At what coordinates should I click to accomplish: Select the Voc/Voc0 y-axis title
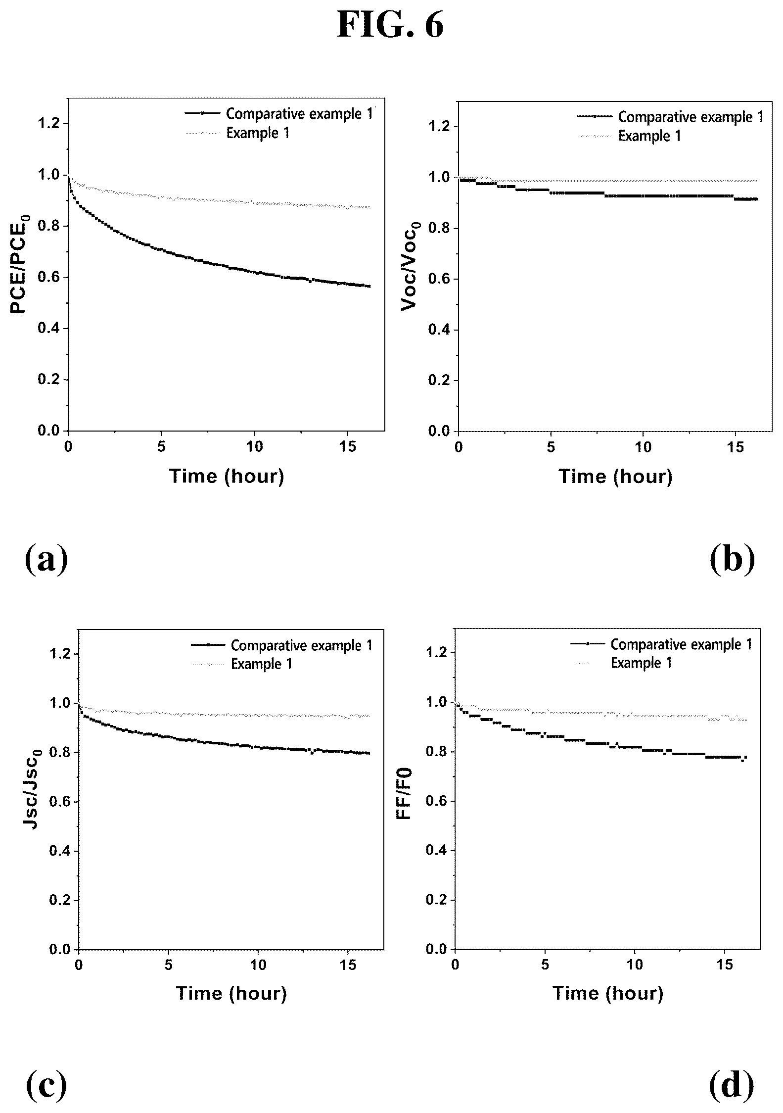coord(412,267)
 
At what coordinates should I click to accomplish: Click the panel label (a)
coord(46,559)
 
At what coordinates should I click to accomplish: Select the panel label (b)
coord(733,559)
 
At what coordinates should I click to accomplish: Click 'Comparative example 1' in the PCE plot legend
coord(300,114)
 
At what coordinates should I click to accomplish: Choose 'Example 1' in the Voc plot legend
coord(650,136)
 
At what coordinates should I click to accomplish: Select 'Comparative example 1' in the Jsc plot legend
coord(302,645)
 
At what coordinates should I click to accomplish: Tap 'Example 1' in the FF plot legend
coord(642,663)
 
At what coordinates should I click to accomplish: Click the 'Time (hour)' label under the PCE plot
coord(227,476)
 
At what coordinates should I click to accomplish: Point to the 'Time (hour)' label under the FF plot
coord(608,993)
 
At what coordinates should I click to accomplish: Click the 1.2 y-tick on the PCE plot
coord(49,123)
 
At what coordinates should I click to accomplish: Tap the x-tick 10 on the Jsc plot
coord(258,965)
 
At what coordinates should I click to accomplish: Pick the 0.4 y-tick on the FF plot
coord(437,851)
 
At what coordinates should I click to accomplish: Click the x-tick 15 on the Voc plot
coord(736,447)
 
